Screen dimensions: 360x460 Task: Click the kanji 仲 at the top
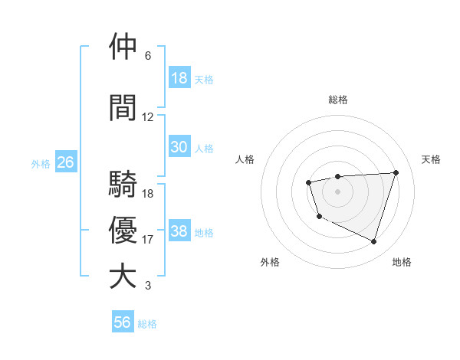point(123,47)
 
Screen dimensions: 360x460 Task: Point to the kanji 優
point(123,231)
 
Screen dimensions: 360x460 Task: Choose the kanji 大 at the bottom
point(123,276)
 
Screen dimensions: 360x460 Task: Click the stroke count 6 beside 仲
point(148,56)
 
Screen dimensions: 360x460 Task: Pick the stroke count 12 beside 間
point(148,117)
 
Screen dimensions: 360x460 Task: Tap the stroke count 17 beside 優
point(148,240)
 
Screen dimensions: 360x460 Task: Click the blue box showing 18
point(179,78)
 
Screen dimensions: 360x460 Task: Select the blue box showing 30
point(179,148)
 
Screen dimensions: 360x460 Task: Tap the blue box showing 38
point(179,232)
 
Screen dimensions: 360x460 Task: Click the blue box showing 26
point(65,162)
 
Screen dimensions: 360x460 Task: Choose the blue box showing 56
point(122,322)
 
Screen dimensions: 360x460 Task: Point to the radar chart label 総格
point(337,100)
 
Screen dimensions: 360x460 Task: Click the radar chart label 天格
point(431,159)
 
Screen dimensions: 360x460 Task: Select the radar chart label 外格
point(270,262)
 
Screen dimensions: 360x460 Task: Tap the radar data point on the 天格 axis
point(396,172)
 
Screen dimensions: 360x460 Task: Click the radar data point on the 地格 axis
point(373,242)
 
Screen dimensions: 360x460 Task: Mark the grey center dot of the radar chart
point(337,191)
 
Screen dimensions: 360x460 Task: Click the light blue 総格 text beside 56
point(147,324)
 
